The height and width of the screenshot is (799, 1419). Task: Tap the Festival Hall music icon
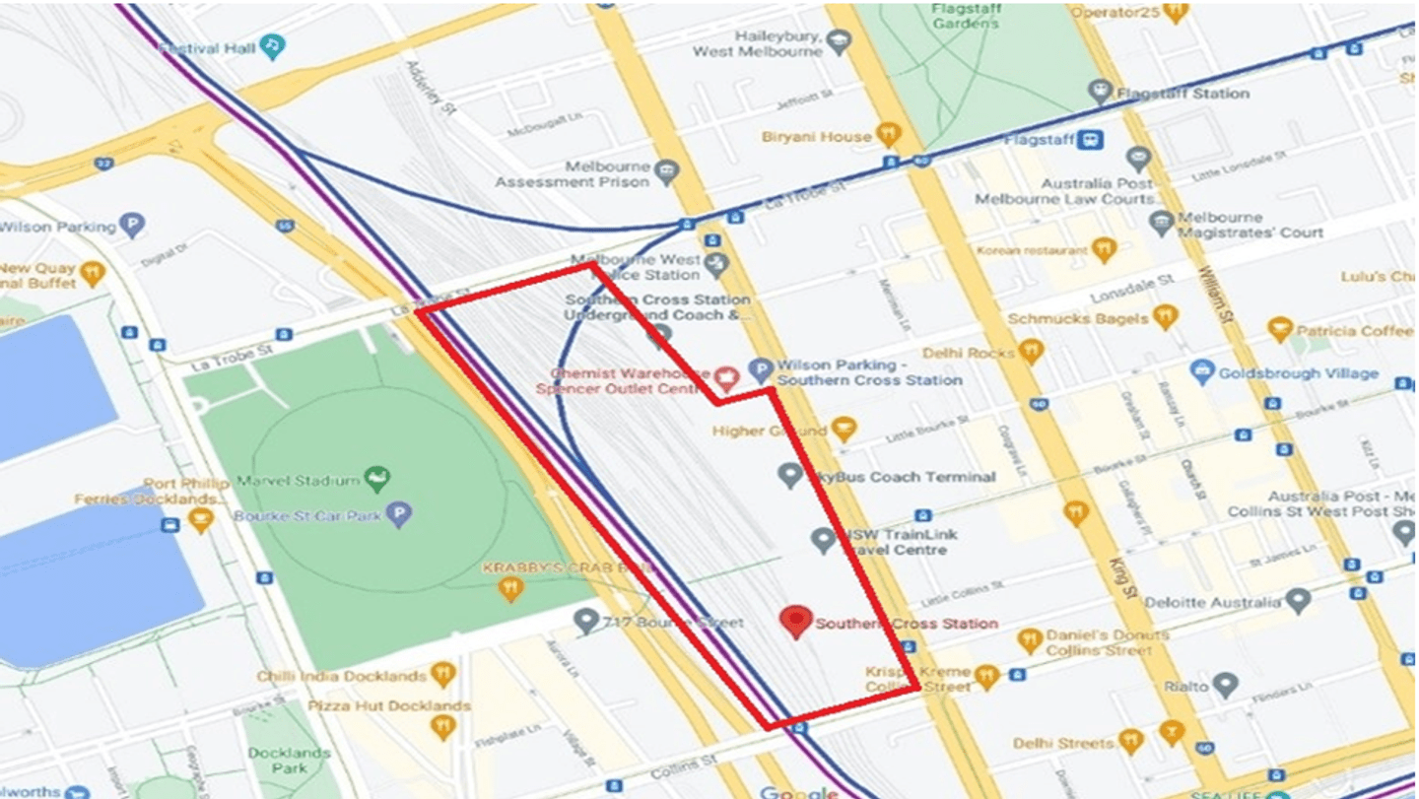point(273,45)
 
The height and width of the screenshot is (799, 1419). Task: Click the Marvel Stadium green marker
point(376,479)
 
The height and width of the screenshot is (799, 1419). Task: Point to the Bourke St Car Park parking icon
point(399,514)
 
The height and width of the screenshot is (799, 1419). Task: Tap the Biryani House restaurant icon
point(888,134)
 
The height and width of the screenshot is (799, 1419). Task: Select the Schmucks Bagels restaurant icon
point(1166,317)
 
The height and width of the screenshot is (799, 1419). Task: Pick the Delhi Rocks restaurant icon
point(1031,351)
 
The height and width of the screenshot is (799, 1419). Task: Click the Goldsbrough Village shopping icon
point(1201,372)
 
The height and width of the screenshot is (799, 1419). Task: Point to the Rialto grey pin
point(1225,683)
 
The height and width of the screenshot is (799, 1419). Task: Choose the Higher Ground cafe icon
point(844,429)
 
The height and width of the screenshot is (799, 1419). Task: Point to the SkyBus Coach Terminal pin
point(789,476)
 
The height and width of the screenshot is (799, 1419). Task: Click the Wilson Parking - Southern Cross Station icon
point(760,370)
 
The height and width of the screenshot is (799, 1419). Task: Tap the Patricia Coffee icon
point(1280,330)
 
